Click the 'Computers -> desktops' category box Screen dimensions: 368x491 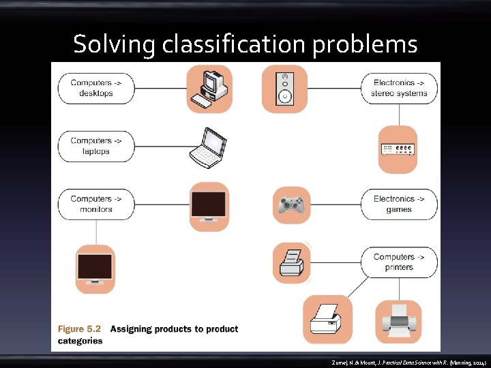pos(95,88)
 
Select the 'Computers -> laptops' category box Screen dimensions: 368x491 pos(95,146)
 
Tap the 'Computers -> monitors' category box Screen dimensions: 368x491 pos(95,204)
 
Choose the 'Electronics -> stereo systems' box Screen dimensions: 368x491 pos(399,88)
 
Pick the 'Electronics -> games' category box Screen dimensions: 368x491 pos(399,204)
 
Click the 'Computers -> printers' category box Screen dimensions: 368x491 pos(399,262)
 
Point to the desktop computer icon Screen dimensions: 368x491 pos(210,89)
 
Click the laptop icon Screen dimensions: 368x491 pos(208,147)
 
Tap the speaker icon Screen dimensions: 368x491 pos(284,89)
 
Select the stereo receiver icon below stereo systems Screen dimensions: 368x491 pos(398,149)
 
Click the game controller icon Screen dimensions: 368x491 pos(292,205)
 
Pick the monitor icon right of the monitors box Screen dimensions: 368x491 pos(209,206)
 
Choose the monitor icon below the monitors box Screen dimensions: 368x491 pos(95,268)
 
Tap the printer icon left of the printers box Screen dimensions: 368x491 pos(291,262)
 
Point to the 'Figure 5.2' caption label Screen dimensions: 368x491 pos(80,328)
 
